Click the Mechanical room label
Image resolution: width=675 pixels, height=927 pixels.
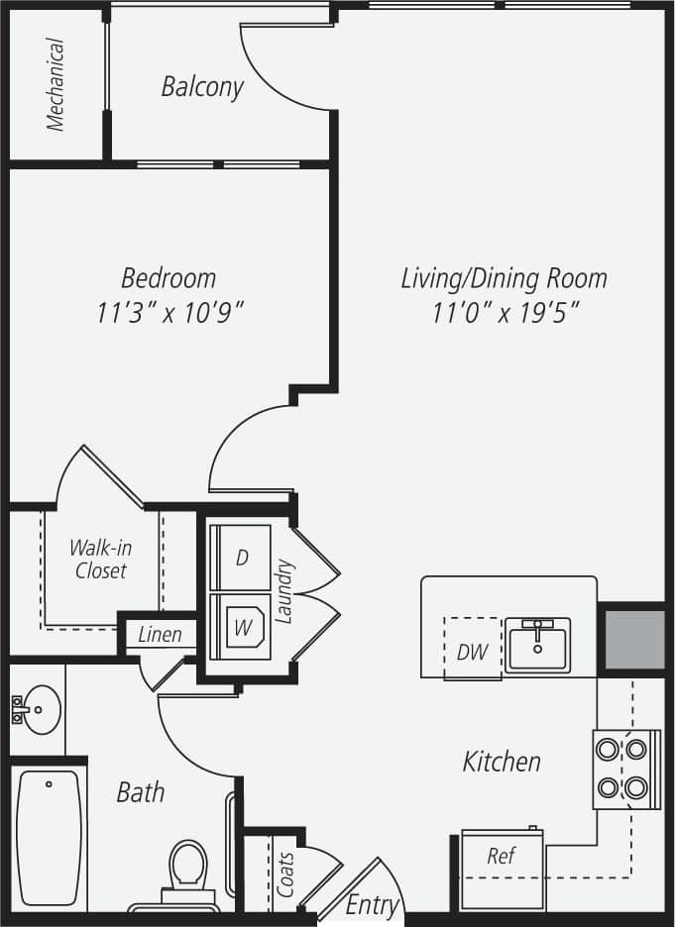click(x=56, y=84)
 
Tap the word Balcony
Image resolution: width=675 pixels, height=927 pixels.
click(x=202, y=87)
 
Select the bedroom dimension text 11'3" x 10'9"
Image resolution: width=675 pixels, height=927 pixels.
click(x=170, y=313)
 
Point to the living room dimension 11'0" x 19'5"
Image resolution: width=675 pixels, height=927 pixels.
click(x=505, y=313)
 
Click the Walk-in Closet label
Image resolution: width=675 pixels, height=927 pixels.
click(x=100, y=559)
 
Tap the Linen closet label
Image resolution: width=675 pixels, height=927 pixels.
click(x=160, y=634)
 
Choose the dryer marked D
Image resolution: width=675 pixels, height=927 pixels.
click(x=241, y=558)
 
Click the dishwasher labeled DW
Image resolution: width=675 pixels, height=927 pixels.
click(x=473, y=651)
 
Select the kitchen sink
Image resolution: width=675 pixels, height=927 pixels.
click(x=537, y=646)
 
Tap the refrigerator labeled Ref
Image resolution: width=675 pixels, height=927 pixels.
click(x=502, y=856)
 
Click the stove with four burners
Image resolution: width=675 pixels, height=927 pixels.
click(x=625, y=770)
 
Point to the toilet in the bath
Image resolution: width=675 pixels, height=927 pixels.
click(x=186, y=871)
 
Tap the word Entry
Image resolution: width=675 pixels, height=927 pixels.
click(x=372, y=904)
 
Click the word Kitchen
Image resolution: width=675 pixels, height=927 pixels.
click(x=502, y=762)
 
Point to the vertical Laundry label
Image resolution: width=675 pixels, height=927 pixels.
click(x=285, y=592)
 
